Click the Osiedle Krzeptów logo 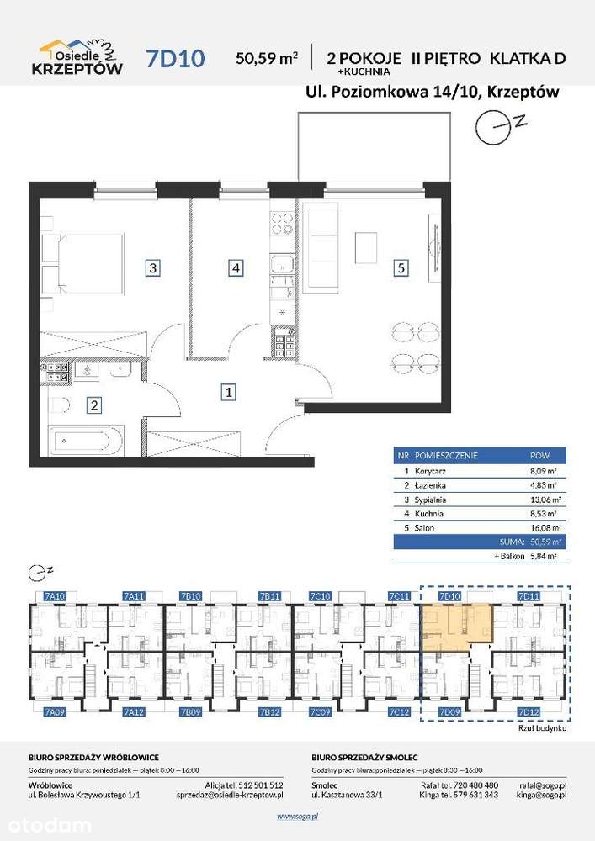coord(81,57)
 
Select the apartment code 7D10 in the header coord(174,58)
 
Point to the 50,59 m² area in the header coord(267,58)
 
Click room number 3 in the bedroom coord(152,268)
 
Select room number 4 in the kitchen coord(236,268)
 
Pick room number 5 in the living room coord(401,268)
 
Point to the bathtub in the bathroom coord(87,440)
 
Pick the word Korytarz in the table coord(436,471)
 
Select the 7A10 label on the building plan coord(54,596)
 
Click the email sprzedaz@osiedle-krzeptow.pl coord(230,794)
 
